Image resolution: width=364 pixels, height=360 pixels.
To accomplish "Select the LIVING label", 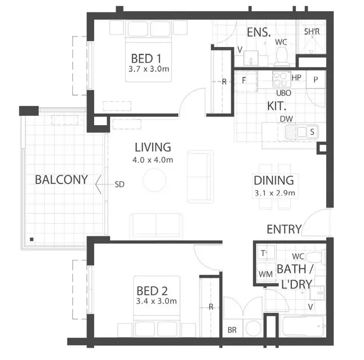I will pyautogui.click(x=153, y=147).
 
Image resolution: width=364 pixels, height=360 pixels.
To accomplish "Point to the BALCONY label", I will pyautogui.click(x=61, y=180).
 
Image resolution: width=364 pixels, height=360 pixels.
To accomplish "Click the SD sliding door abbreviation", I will pyautogui.click(x=120, y=184).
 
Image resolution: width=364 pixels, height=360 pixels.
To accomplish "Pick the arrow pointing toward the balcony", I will pyautogui.click(x=100, y=184).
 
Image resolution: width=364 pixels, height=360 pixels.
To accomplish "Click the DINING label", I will pyautogui.click(x=274, y=180).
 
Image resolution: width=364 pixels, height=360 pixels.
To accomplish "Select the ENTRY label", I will pyautogui.click(x=284, y=229).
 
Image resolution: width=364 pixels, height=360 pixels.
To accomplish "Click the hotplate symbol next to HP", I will pyautogui.click(x=280, y=78).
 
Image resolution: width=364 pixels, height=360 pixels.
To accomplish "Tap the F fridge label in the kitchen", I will pyautogui.click(x=244, y=80).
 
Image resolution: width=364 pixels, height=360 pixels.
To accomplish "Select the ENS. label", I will pyautogui.click(x=259, y=33).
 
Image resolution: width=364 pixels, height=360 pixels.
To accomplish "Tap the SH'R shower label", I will pyautogui.click(x=311, y=32).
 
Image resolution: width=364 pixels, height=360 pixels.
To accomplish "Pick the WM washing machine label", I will pyautogui.click(x=265, y=275).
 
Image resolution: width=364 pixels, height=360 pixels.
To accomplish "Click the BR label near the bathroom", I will pyautogui.click(x=232, y=330).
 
